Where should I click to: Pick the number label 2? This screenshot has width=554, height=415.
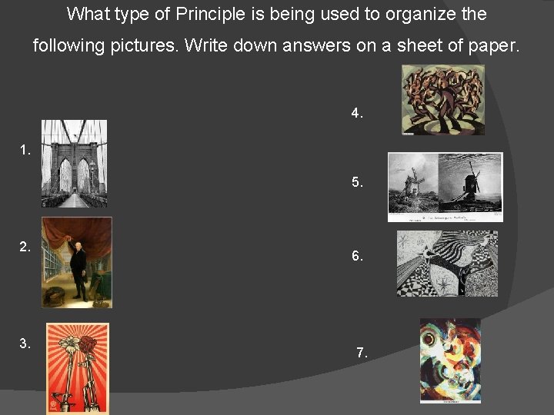click(x=25, y=247)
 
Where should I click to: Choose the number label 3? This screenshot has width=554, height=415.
click(x=25, y=344)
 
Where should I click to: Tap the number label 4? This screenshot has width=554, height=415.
click(x=357, y=113)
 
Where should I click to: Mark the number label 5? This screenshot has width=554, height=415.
click(x=357, y=183)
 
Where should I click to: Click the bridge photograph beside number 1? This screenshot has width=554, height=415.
click(x=74, y=163)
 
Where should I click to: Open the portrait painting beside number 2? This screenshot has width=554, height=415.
click(x=77, y=262)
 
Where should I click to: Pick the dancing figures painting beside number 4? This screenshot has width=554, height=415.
click(x=443, y=100)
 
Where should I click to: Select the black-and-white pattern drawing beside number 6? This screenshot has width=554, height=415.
click(x=447, y=264)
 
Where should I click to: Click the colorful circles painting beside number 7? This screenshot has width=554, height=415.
click(x=450, y=360)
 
